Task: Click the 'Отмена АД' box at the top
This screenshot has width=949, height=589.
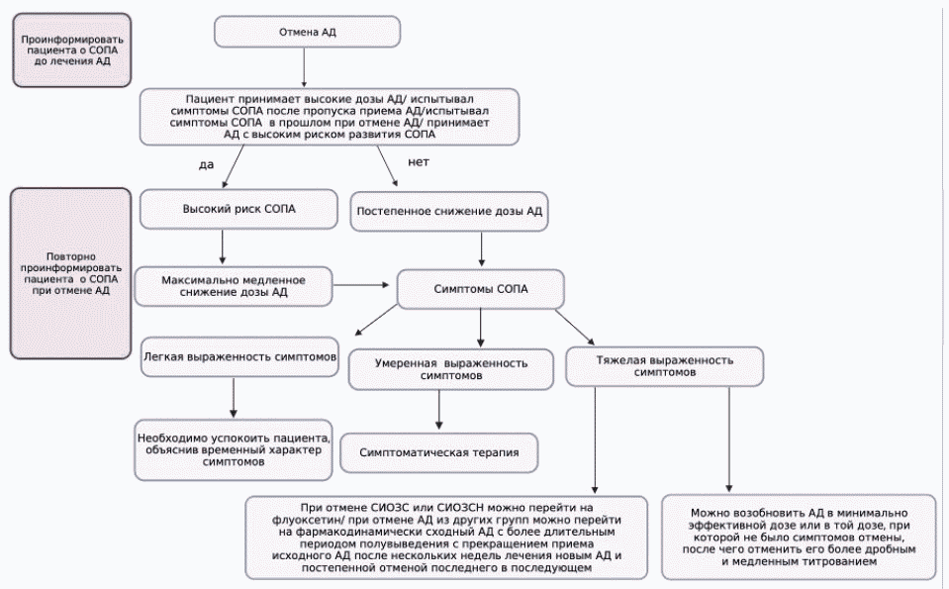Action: click(307, 32)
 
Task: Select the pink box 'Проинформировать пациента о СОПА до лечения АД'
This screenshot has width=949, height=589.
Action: click(72, 50)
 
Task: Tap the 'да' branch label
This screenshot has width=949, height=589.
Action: click(207, 164)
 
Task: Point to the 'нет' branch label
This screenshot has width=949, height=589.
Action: click(419, 162)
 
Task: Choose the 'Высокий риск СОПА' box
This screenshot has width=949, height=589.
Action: click(238, 210)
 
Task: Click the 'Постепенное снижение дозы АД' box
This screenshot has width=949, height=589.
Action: click(449, 212)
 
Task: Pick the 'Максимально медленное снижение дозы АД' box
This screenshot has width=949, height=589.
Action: click(234, 286)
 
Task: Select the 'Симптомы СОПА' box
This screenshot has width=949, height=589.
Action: click(481, 289)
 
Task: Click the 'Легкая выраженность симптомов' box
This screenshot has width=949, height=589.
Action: click(239, 357)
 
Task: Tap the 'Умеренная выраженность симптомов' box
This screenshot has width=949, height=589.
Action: click(451, 369)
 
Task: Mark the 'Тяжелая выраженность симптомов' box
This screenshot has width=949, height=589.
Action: click(665, 366)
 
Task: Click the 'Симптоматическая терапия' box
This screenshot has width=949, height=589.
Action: click(438, 452)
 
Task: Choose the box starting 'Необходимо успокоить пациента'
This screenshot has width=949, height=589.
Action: click(234, 449)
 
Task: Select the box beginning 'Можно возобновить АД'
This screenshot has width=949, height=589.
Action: click(799, 537)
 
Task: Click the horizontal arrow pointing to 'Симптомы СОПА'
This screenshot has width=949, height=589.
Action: click(361, 284)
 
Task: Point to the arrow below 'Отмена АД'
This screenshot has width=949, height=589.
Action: click(304, 67)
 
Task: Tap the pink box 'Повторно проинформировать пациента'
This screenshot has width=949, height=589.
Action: click(71, 273)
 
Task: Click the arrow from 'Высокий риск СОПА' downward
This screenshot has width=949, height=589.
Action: click(222, 246)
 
